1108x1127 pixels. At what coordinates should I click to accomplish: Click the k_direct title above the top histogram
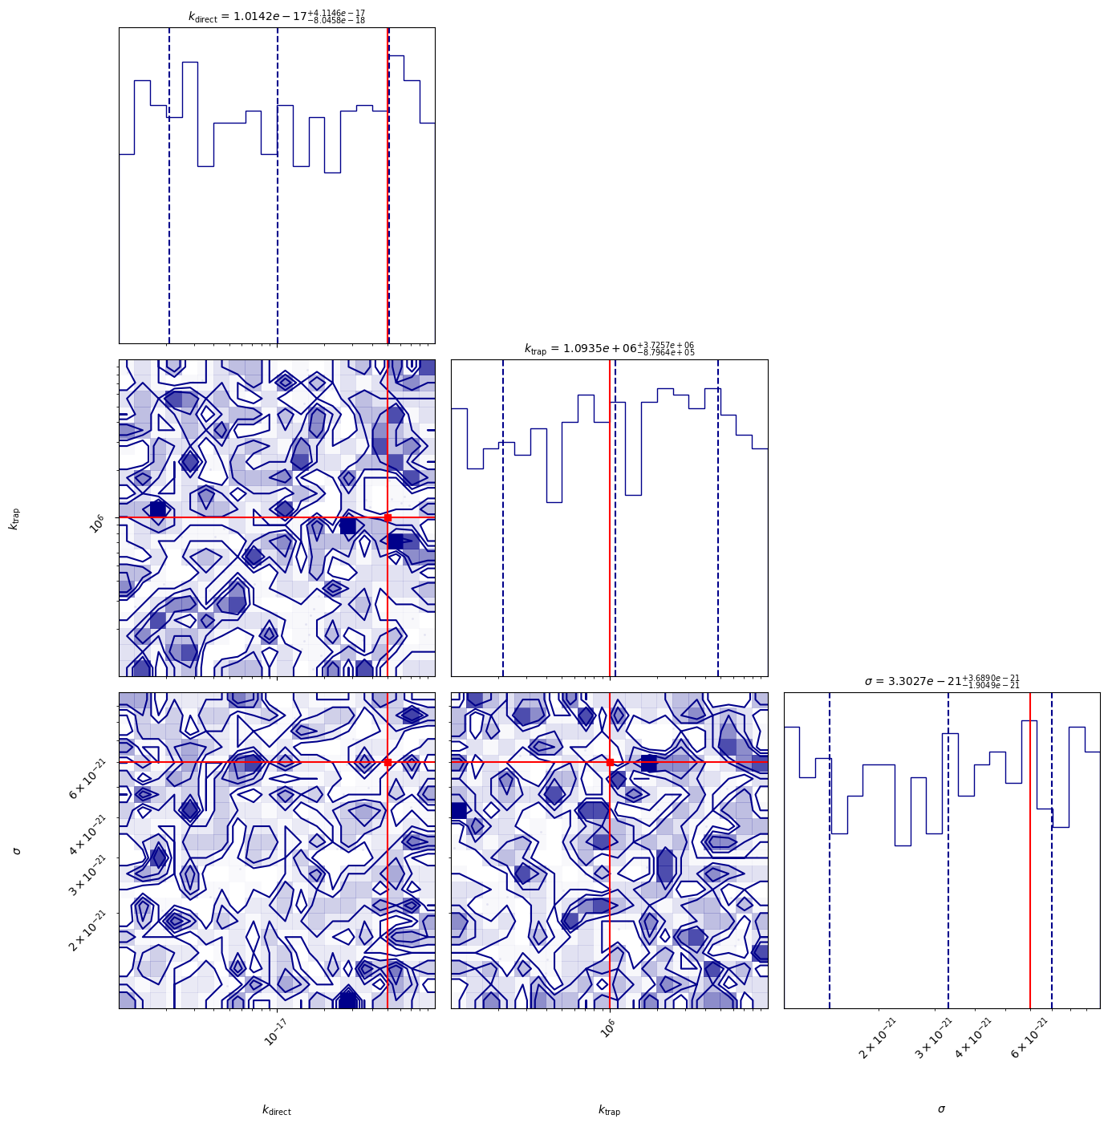277,16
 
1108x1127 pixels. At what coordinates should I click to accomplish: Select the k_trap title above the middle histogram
609,348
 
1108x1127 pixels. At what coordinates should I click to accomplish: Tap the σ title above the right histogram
941,681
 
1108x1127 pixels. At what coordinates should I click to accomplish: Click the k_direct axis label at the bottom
277,1110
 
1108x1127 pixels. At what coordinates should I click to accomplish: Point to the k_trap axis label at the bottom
609,1110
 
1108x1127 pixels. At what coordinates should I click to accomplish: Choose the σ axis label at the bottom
941,1109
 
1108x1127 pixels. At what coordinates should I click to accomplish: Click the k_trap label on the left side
14,518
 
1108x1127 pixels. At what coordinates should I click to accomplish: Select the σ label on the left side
16,850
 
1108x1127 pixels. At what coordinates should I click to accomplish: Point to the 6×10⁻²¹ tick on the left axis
87,779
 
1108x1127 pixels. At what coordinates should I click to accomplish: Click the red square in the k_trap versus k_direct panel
388,517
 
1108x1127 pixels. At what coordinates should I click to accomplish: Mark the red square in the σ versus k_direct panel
388,762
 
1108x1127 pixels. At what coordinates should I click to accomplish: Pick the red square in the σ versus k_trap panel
610,762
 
